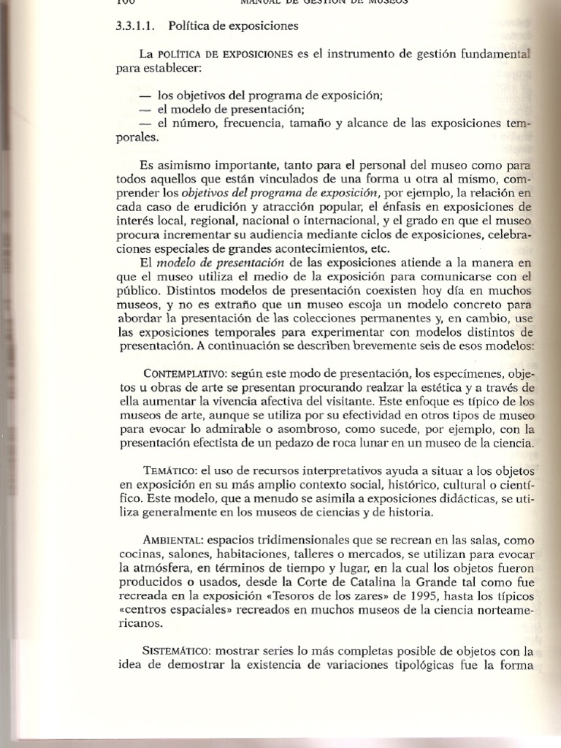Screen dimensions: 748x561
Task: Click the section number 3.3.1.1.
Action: tap(137, 26)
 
